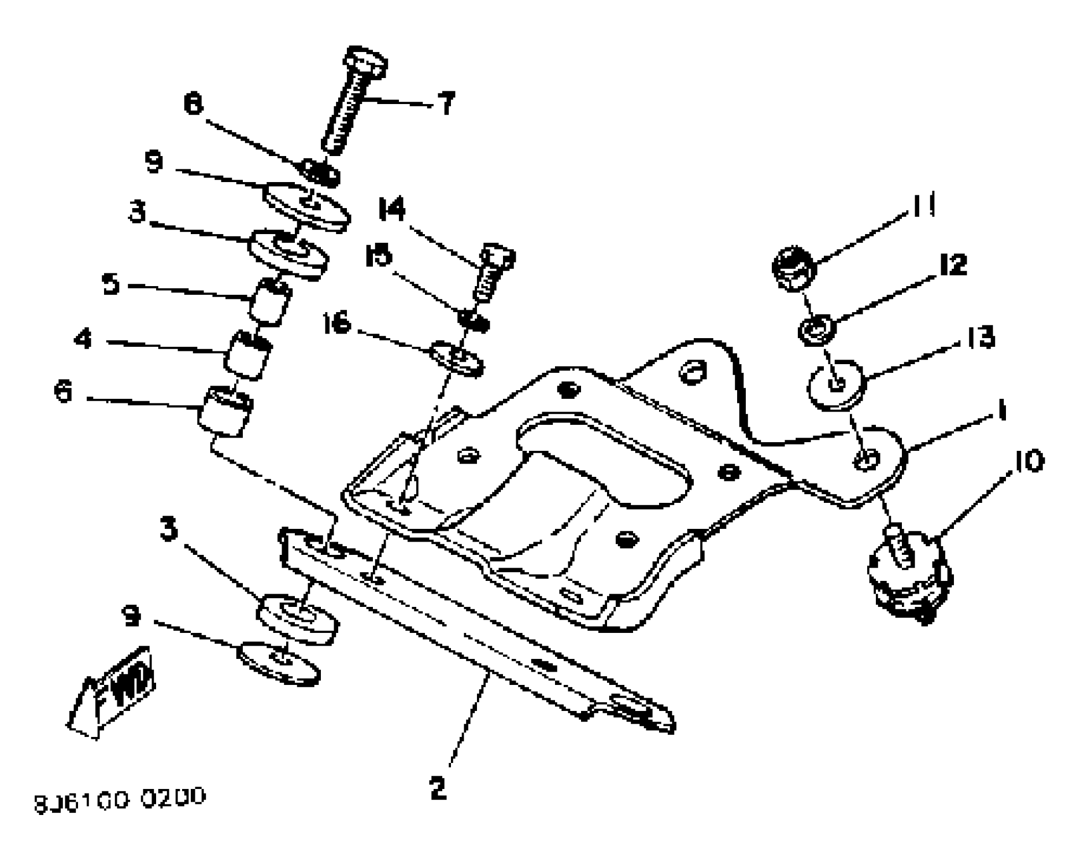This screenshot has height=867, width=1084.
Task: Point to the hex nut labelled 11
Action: click(x=793, y=267)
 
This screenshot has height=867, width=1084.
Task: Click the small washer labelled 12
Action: click(x=817, y=330)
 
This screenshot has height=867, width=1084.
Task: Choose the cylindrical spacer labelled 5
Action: click(x=270, y=302)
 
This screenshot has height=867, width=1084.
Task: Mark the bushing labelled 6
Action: click(x=224, y=412)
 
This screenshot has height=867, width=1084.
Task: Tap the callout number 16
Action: click(x=337, y=323)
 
